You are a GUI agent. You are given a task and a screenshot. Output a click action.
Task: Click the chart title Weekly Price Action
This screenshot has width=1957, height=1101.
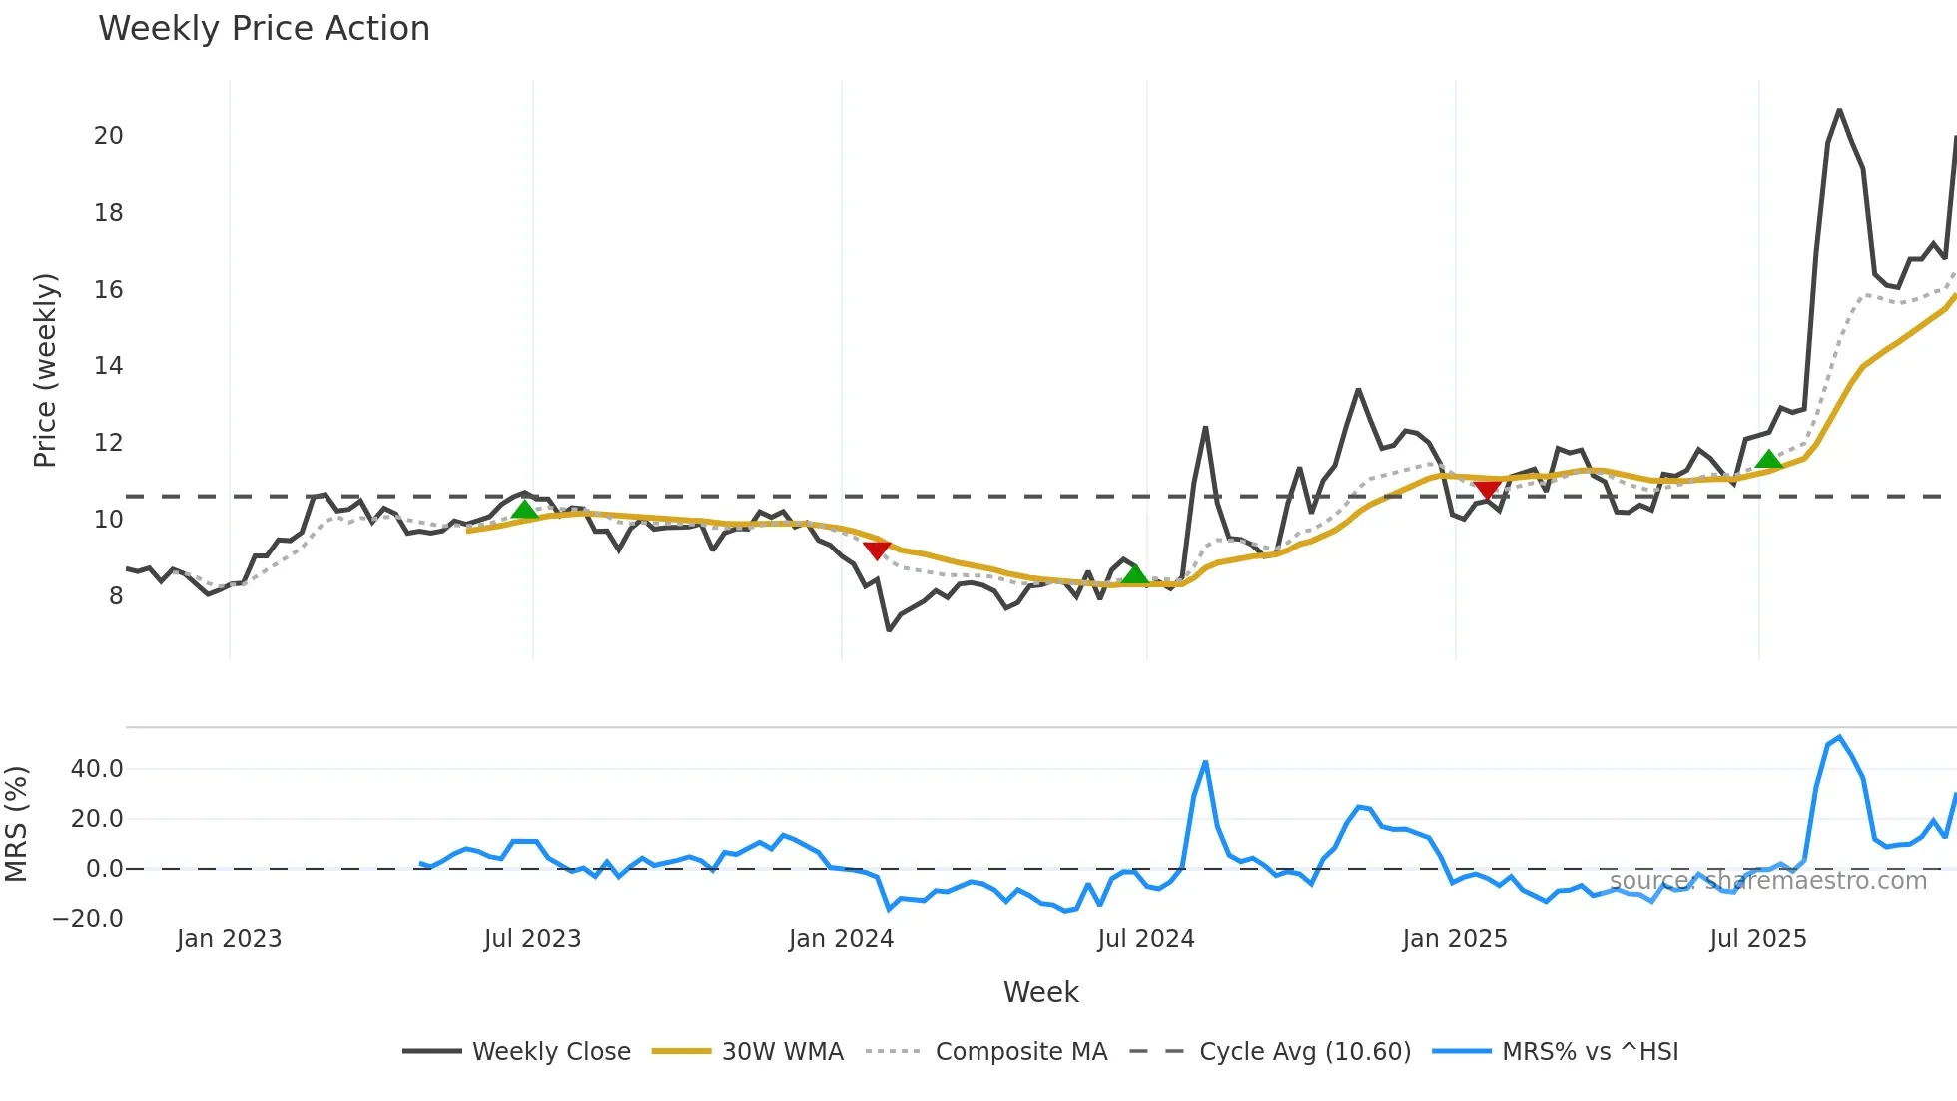[x=264, y=29]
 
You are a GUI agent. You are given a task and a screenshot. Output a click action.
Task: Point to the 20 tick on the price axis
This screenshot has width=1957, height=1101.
[x=108, y=136]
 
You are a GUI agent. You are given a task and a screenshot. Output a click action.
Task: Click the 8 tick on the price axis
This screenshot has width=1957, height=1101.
[x=116, y=596]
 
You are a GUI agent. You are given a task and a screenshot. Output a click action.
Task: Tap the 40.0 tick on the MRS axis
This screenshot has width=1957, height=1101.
[x=97, y=769]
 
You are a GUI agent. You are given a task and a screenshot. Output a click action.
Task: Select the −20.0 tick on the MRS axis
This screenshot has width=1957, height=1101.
[x=88, y=919]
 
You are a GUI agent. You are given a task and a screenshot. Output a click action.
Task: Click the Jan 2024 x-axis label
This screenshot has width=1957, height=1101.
[x=841, y=939]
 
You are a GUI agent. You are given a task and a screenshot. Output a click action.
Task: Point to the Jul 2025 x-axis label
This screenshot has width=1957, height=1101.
[x=1757, y=939]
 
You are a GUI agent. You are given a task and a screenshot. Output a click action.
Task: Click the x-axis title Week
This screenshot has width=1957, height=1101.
[x=1040, y=992]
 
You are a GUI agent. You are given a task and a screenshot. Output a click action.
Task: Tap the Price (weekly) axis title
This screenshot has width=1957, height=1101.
[x=45, y=370]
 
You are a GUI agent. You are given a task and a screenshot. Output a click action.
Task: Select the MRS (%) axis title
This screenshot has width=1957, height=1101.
[x=16, y=824]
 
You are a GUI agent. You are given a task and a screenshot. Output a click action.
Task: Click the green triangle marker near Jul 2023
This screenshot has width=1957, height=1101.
[x=524, y=510]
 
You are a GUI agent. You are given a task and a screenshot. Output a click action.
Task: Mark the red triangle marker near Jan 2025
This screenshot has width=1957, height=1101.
[x=1487, y=490]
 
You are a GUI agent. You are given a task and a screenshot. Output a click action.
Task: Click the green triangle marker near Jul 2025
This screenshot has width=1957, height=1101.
[x=1769, y=459]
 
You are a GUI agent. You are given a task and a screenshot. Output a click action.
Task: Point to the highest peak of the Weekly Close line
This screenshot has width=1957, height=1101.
[x=1839, y=110]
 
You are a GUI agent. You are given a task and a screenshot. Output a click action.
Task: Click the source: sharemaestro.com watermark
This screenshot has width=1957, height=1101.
[x=1767, y=881]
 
